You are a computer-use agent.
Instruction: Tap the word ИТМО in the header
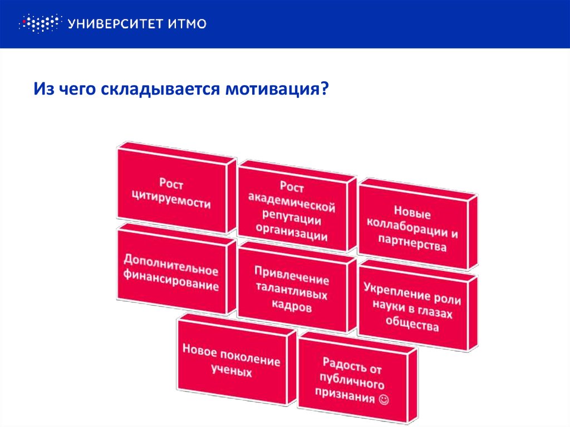pos(187,23)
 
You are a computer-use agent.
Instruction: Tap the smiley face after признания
pos(384,399)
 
